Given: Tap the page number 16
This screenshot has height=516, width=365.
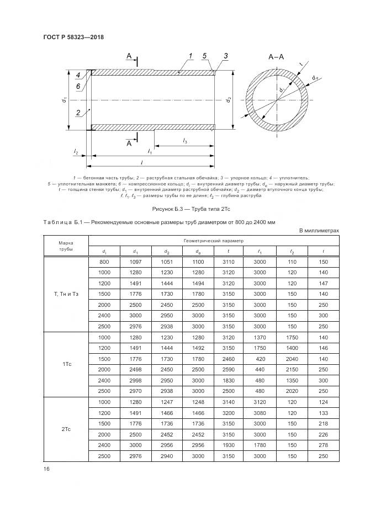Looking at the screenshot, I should (x=45, y=469).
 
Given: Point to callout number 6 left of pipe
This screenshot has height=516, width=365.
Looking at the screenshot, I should (x=78, y=87).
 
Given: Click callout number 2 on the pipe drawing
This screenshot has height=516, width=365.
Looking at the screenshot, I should (x=78, y=112).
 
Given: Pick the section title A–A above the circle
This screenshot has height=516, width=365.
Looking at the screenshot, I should (x=276, y=57).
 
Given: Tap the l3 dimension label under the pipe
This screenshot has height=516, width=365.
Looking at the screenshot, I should (x=185, y=141).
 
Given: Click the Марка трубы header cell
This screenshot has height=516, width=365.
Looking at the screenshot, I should (x=66, y=246).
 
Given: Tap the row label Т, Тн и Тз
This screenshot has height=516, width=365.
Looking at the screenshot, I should (x=66, y=294).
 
